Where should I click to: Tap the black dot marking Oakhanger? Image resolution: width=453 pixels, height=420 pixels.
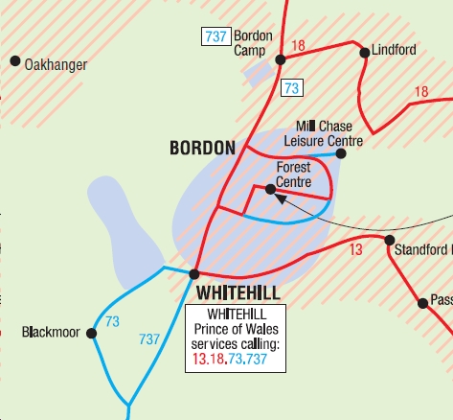tap(15, 61)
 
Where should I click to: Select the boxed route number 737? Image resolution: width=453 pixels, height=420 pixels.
tap(215, 36)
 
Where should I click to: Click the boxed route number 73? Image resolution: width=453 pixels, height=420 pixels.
tap(291, 88)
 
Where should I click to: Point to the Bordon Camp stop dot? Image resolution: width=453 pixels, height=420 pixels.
tap(281, 59)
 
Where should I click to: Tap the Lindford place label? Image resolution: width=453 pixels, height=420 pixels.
tap(394, 50)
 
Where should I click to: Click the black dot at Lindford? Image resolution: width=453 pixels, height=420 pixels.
tap(365, 53)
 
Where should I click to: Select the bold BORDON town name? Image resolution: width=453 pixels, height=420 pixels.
tap(202, 148)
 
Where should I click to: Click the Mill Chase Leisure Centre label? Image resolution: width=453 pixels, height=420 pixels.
tap(324, 134)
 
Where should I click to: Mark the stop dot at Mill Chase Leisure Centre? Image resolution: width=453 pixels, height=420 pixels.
tap(341, 152)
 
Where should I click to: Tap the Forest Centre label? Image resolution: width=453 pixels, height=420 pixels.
tap(293, 174)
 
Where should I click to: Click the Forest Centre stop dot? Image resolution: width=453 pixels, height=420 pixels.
tap(271, 189)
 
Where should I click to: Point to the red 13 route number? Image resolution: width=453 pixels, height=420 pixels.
tap(356, 250)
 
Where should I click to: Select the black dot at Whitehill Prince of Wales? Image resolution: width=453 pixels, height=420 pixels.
tap(194, 274)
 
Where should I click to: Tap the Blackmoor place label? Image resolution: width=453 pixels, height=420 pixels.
tap(48, 334)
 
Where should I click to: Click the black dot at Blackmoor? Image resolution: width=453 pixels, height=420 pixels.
tap(92, 334)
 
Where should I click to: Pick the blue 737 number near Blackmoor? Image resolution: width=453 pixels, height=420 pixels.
tap(149, 338)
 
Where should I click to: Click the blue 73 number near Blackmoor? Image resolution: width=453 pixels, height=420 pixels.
tap(113, 321)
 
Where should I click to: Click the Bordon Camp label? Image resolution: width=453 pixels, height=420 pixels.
tap(254, 43)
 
